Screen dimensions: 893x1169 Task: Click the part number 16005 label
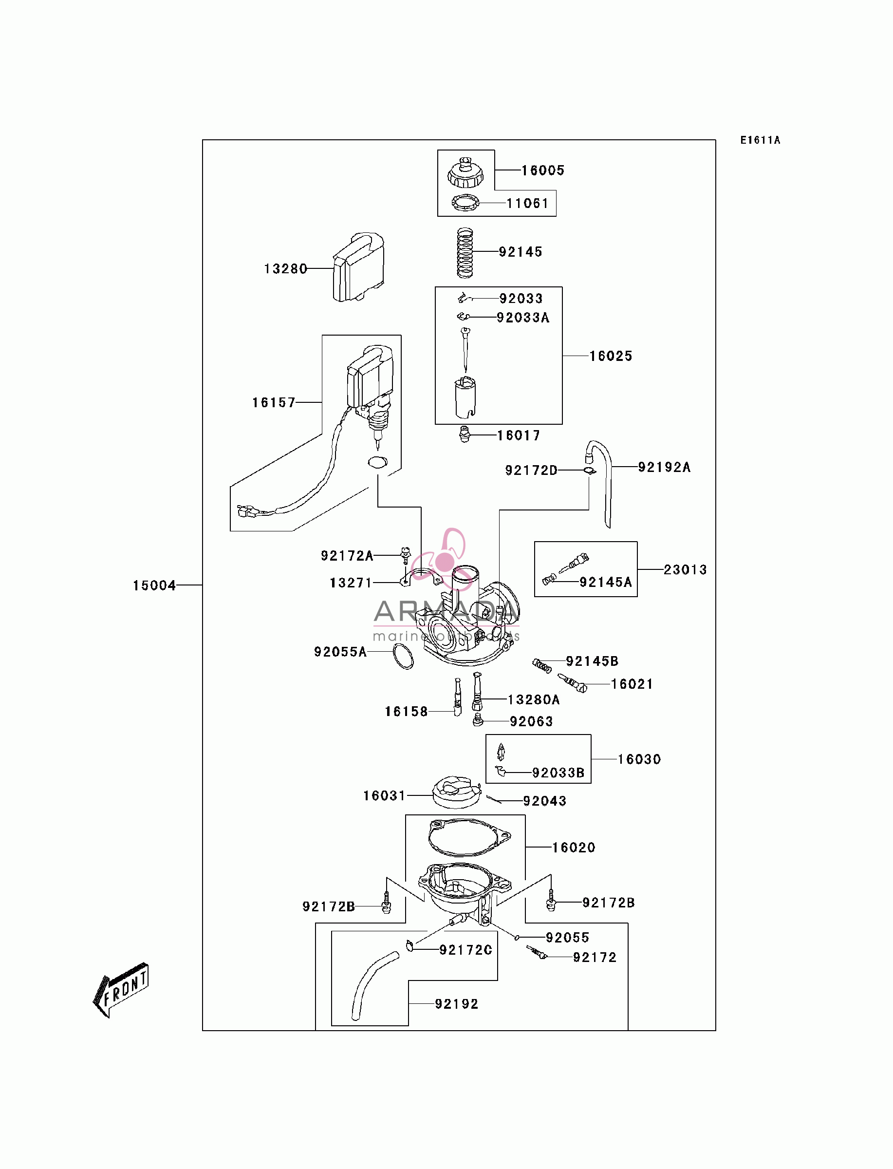point(542,170)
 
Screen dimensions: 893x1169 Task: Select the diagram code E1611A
point(760,140)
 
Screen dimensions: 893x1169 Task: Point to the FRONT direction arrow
point(121,989)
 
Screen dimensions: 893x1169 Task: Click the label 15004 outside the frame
point(154,585)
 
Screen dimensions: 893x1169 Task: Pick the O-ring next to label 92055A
point(404,657)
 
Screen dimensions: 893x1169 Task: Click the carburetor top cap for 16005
point(465,173)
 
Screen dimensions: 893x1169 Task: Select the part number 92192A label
point(665,467)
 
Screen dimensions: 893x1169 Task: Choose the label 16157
point(274,402)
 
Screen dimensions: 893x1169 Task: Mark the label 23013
point(685,570)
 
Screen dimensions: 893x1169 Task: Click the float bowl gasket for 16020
point(469,837)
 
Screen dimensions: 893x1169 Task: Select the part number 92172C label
point(465,950)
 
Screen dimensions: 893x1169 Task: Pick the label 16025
point(611,356)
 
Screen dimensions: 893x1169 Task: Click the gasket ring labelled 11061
point(465,203)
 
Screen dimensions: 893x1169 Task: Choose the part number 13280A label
point(534,699)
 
